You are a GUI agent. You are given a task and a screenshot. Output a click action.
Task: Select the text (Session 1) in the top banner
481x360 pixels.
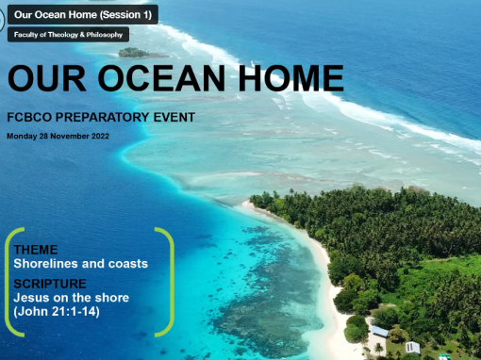point(120,15)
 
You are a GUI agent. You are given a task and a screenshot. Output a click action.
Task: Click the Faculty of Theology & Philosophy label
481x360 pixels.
point(68,35)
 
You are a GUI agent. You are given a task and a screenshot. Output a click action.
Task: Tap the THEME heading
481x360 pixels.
point(36,250)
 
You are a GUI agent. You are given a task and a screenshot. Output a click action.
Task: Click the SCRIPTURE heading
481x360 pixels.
point(50,283)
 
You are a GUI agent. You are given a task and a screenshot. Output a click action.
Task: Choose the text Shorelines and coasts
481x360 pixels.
point(81,264)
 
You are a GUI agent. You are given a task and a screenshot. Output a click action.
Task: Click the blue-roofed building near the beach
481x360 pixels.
point(379,332)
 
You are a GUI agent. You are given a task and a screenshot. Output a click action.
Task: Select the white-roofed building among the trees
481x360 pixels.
point(412,347)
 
